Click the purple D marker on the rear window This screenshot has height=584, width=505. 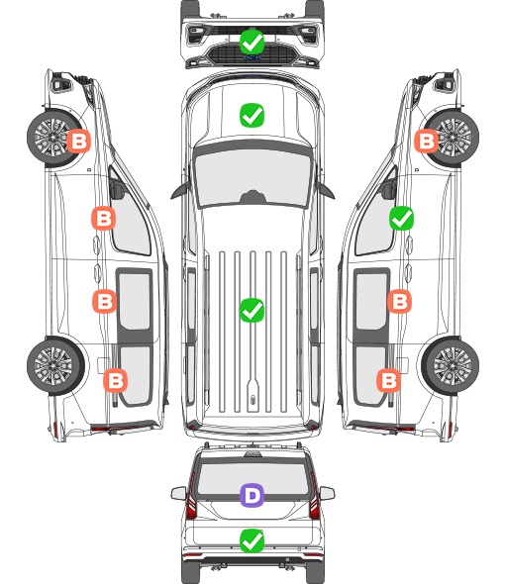[252, 495]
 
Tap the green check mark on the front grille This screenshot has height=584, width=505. [252, 43]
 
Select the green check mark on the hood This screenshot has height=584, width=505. [252, 115]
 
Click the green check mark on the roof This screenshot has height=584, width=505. [252, 310]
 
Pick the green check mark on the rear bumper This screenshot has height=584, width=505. [252, 540]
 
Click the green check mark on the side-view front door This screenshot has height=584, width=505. [401, 218]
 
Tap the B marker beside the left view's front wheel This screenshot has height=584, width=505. [78, 141]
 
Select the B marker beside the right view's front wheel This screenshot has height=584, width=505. [427, 141]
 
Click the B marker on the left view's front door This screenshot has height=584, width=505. [103, 218]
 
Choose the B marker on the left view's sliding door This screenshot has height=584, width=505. [104, 301]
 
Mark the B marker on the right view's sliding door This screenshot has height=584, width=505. [399, 301]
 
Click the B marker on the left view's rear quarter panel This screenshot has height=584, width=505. [115, 381]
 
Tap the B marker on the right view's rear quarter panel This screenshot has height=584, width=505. [389, 381]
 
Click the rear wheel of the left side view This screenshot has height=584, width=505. [55, 365]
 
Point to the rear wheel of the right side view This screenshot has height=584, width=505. [451, 365]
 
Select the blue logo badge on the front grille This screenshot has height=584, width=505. [252, 57]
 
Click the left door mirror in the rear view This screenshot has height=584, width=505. [178, 494]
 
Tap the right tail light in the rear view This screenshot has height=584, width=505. [314, 497]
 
